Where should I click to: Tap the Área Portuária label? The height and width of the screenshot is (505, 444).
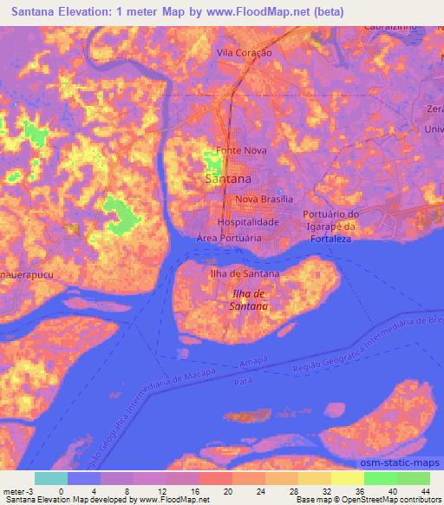point(230,237)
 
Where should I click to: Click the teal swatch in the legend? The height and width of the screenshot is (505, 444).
point(51,477)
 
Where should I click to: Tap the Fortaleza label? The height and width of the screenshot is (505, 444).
point(332,237)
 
